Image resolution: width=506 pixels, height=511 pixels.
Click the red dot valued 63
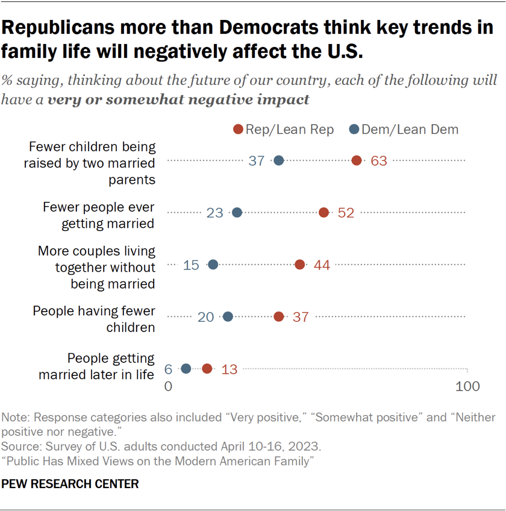[357, 160]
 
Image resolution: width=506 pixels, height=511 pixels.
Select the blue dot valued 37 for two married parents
[279, 160]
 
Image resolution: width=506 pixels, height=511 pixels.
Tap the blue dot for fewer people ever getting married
[237, 212]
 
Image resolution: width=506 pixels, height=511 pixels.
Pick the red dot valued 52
[323, 212]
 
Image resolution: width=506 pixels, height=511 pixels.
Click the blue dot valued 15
[213, 265]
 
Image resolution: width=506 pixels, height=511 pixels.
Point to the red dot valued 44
[299, 265]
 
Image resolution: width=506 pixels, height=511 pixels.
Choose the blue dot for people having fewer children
[228, 316]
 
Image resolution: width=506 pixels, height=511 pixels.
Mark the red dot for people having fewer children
[278, 316]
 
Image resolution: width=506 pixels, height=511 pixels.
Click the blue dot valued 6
[186, 368]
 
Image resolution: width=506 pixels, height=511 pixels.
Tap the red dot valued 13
[207, 368]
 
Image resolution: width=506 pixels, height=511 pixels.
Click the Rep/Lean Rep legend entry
[283, 130]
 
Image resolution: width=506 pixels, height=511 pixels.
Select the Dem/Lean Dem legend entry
[404, 130]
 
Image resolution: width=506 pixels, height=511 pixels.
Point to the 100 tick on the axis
[466, 386]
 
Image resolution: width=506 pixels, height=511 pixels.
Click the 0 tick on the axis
[169, 386]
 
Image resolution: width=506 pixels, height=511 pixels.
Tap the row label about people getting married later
[96, 366]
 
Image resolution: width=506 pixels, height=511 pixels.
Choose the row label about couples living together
[96, 266]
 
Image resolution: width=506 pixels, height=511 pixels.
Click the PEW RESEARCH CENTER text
[70, 484]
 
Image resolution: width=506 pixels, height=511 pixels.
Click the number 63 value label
[378, 161]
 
